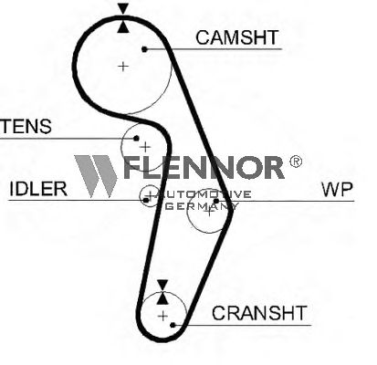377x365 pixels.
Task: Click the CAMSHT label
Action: coord(237,37)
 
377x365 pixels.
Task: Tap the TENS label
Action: coord(26,127)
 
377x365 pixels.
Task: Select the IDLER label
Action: coord(38,189)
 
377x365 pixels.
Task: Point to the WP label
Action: coord(337,189)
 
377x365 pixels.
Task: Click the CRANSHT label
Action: coord(259,313)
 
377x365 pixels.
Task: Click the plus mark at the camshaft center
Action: coord(123,66)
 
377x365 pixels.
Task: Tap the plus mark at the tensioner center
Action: coord(145,147)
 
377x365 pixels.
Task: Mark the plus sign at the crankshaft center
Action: coord(163,316)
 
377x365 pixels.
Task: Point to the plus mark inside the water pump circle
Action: coord(209,211)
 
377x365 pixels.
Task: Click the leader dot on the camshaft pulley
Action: coord(145,49)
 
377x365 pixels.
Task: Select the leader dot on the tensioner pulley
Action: coord(136,139)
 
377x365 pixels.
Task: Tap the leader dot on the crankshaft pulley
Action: coord(173,325)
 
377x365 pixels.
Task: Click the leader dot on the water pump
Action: coord(216,201)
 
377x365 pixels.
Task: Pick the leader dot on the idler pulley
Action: coord(146,200)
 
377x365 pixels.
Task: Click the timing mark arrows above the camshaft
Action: coord(123,17)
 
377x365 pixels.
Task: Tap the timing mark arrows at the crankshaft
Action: coord(162,292)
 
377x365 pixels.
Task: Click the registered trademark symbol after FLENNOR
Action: coord(296,162)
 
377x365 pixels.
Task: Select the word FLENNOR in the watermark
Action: coord(204,167)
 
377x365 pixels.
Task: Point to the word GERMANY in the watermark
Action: coord(202,206)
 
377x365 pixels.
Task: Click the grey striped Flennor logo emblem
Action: coord(96,176)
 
